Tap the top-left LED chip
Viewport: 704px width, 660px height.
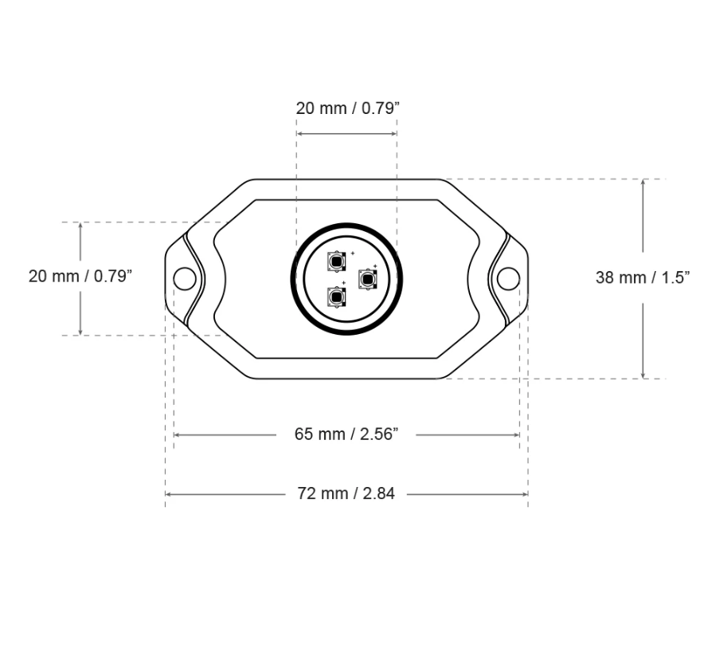point(337,261)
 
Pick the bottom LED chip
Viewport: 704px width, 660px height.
point(337,297)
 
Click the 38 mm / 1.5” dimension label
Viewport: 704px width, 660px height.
point(643,277)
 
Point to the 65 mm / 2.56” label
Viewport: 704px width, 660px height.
point(346,434)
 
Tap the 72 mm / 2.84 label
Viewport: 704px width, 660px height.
point(346,493)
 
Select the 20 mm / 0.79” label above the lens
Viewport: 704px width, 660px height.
point(347,108)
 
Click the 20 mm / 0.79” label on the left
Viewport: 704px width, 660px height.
point(80,277)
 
